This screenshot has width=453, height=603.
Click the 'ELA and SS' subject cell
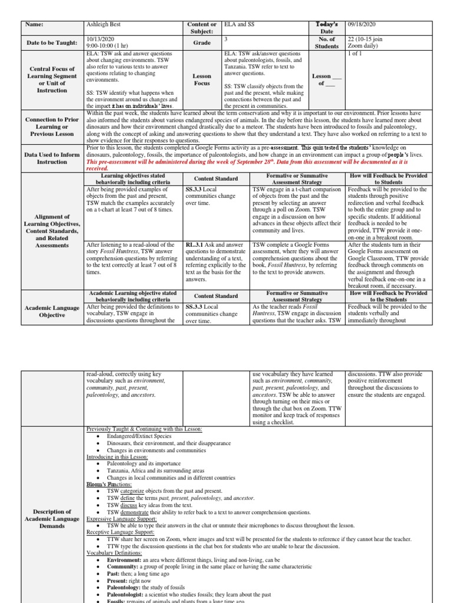click(x=240, y=25)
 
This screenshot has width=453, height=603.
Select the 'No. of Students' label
click(x=326, y=42)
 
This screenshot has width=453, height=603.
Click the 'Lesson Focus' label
click(x=202, y=79)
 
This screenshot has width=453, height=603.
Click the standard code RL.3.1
click(x=195, y=244)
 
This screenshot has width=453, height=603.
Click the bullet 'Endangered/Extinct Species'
click(x=139, y=436)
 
